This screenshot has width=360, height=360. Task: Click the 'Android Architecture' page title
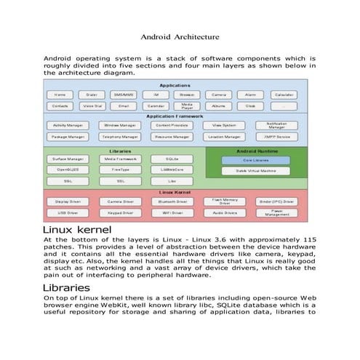[x=180, y=36]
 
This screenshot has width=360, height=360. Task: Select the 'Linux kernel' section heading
[x=78, y=231]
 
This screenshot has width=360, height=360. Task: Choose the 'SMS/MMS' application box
[x=123, y=95]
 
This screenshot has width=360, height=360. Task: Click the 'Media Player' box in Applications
[x=187, y=105]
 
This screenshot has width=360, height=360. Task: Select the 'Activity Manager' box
[x=67, y=125]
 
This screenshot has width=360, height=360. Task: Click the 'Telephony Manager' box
[x=119, y=136]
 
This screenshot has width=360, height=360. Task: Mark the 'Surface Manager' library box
[x=67, y=159]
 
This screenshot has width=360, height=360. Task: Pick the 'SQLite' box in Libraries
[x=172, y=159]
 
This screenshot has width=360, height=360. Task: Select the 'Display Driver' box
[x=67, y=201]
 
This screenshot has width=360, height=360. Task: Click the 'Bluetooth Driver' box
[x=172, y=201]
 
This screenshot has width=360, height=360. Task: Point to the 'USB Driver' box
[x=67, y=213]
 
